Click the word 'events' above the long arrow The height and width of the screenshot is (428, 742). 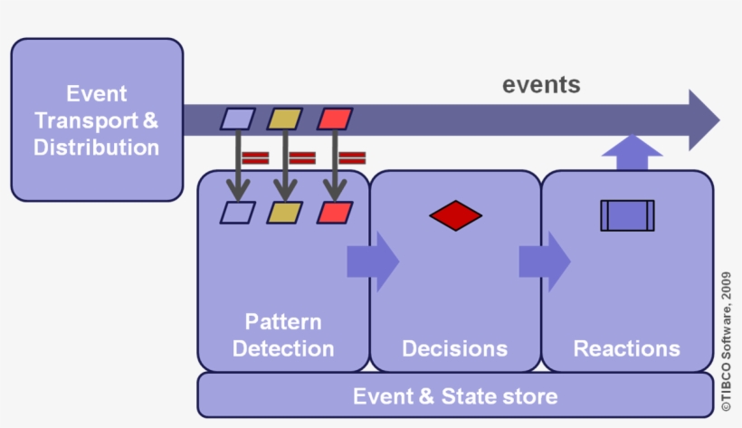pos(541,85)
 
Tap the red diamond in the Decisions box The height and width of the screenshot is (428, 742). pos(455,215)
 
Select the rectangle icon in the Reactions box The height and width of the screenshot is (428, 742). pos(627,215)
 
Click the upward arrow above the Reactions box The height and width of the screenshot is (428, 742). pos(632,153)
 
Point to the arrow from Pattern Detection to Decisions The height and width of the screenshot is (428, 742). pos(374,262)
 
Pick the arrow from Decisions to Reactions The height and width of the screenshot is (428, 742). pos(545,262)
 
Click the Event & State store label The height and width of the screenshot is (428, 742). pos(455,396)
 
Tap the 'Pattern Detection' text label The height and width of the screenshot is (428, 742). pos(283,335)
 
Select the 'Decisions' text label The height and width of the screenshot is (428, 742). pos(455,348)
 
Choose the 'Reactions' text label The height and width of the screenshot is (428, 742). pos(627,348)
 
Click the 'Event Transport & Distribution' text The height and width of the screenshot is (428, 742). pos(97,120)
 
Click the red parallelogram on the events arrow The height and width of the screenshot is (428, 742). pos(335,119)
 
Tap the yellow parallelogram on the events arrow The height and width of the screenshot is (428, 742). pos(285,119)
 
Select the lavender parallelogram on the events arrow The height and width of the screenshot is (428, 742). pos(238,119)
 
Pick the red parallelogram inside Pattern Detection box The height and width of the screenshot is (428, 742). pos(335,213)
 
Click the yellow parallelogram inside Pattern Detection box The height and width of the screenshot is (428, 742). pos(285,213)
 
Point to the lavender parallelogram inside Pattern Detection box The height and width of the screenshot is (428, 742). pos(238,213)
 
